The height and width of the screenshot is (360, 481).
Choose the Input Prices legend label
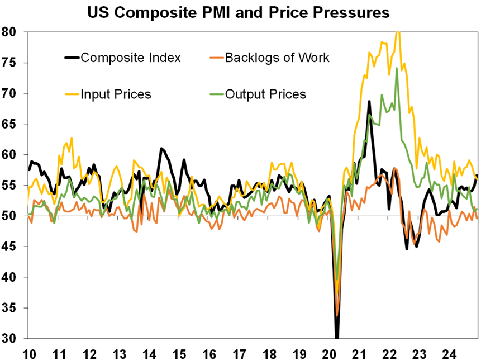[116, 94]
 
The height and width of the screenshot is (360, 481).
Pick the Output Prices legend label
[265, 94]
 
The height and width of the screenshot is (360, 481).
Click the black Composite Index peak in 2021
[369, 102]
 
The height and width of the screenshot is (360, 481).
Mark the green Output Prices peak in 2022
[397, 69]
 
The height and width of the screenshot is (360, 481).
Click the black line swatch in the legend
[73, 58]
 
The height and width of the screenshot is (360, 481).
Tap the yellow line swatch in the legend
[73, 94]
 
